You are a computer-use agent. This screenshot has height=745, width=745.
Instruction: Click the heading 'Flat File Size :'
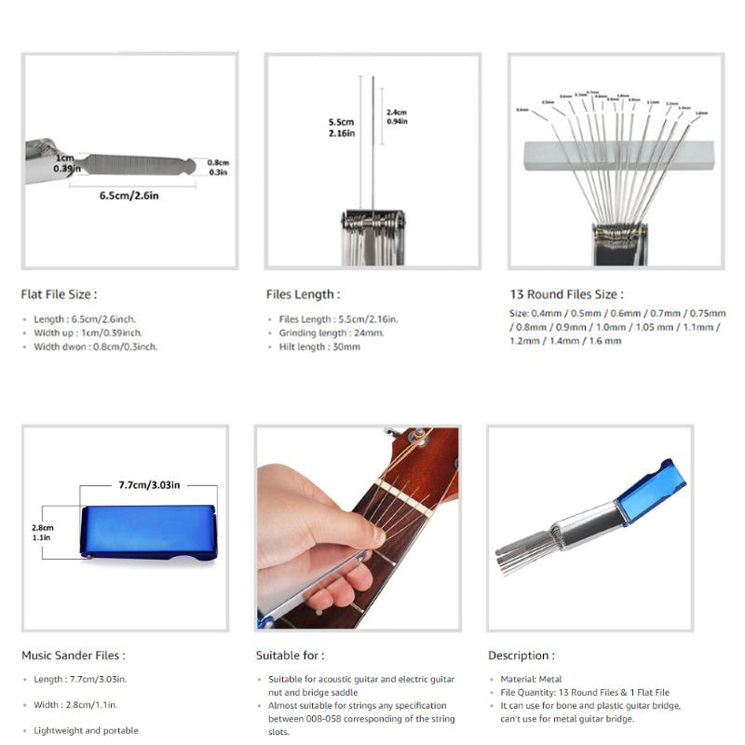(x=59, y=294)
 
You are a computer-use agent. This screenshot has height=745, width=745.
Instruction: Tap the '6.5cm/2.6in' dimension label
(x=129, y=196)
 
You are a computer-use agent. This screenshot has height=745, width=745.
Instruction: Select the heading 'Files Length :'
(x=303, y=294)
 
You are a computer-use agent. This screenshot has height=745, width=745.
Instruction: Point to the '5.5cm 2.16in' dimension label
(x=341, y=128)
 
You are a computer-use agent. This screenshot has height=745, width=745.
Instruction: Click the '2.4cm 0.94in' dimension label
(x=397, y=116)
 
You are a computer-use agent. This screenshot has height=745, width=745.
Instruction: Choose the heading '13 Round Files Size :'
(x=566, y=294)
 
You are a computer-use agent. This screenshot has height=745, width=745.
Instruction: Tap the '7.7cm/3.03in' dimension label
(x=149, y=485)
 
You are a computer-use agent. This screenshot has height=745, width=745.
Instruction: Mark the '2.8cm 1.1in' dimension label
(x=42, y=532)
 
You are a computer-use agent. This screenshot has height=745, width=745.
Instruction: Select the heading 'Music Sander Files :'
(x=73, y=656)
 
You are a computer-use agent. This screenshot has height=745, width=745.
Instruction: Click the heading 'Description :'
(x=521, y=656)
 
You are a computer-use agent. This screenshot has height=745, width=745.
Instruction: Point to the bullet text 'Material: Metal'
(x=531, y=680)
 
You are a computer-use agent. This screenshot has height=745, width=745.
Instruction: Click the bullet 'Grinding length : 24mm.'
(x=332, y=332)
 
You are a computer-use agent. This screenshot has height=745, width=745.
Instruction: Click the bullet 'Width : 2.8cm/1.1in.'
(x=75, y=705)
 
